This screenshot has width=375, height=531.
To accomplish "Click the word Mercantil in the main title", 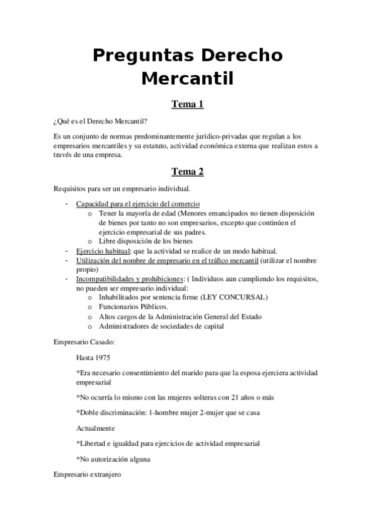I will coord(187,79).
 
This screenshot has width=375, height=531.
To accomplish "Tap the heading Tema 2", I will coord(188,171).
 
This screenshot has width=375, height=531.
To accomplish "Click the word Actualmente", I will coord(95,428).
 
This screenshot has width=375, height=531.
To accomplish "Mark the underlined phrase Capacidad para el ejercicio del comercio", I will coord(138,204).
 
